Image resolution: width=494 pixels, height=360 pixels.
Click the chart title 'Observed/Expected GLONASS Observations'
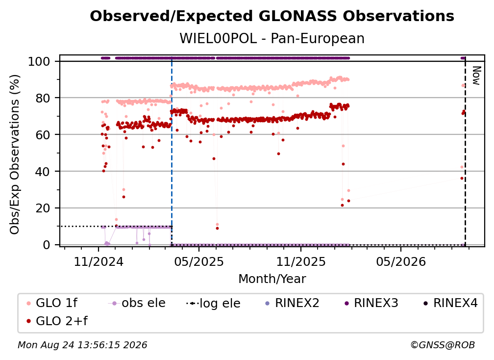[x=272, y=16]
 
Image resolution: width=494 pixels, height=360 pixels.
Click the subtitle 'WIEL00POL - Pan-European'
[x=272, y=38]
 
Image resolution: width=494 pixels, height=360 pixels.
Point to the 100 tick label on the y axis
[x=39, y=61]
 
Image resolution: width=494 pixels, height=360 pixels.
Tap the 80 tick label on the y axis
[x=43, y=98]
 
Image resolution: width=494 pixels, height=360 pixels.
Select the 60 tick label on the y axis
[x=43, y=135]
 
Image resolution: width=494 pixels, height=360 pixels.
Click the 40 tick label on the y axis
[x=43, y=172]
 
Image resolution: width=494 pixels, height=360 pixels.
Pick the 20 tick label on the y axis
[x=43, y=208]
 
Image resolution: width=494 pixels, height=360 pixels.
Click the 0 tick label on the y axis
[x=46, y=245]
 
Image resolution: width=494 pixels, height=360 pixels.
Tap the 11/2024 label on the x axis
[x=99, y=261]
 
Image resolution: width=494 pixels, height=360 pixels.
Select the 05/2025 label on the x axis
[x=199, y=261]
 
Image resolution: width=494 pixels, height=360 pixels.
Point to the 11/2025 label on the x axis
[x=301, y=261]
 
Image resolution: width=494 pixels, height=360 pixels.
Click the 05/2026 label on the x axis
[x=401, y=261]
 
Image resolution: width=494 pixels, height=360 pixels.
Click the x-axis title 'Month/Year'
[x=272, y=279]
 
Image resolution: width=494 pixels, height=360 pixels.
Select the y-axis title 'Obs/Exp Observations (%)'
[x=15, y=154]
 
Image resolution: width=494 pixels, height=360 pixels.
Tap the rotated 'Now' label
[x=476, y=76]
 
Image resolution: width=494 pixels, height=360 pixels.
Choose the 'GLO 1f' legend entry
[x=52, y=303]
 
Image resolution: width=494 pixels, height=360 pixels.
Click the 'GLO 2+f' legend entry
[x=57, y=321]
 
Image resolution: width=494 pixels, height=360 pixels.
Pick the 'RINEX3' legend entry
[x=371, y=303]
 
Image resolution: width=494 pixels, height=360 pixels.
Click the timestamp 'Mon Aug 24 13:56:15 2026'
[x=82, y=345]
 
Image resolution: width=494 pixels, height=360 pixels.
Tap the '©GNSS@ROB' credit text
[x=443, y=345]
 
